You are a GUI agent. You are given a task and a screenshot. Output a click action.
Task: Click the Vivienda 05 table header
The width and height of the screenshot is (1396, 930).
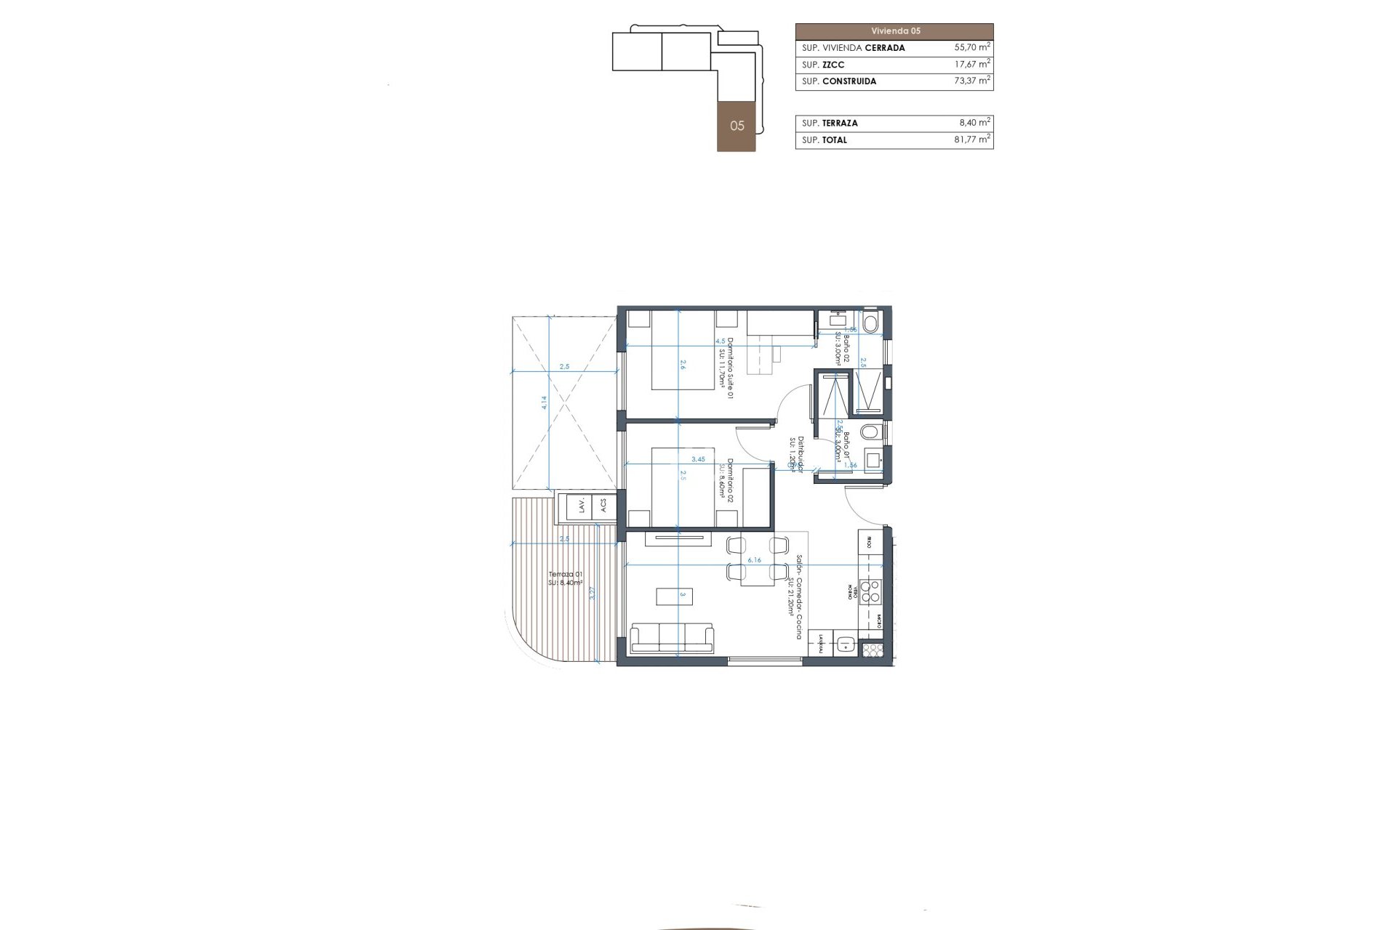(x=894, y=31)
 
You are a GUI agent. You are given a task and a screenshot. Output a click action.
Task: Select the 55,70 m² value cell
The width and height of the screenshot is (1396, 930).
(x=971, y=47)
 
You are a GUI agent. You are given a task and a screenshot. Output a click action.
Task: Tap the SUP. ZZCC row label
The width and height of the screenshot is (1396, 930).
(x=823, y=65)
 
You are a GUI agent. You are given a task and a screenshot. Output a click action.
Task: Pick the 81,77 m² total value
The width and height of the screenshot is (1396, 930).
(x=971, y=139)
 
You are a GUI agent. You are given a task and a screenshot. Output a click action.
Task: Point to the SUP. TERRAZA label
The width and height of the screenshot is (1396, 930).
(x=830, y=123)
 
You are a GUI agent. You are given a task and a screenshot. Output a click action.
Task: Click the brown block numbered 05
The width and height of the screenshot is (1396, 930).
(x=737, y=126)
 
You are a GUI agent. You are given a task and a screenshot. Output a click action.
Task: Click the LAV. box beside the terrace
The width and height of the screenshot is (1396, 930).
(x=582, y=506)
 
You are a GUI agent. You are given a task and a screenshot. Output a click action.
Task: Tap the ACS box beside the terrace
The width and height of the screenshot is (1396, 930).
(x=604, y=506)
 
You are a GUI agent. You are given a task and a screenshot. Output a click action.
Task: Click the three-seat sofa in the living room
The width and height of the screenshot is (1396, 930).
(x=672, y=638)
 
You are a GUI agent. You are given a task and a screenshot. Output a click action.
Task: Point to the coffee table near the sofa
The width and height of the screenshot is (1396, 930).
(x=674, y=597)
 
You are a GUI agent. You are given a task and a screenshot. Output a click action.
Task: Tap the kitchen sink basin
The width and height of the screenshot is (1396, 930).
(x=846, y=643)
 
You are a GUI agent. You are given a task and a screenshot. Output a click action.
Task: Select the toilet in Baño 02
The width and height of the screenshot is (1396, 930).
(x=870, y=321)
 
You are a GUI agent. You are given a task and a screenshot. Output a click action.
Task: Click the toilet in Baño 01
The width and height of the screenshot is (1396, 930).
(x=869, y=433)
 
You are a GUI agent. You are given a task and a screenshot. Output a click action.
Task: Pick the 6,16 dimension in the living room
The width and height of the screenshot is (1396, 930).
(x=754, y=560)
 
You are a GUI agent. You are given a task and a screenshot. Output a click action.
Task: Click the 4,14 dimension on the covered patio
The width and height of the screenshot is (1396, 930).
(x=544, y=403)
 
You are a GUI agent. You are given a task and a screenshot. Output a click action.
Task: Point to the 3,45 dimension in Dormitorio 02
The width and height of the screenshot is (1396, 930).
(x=698, y=459)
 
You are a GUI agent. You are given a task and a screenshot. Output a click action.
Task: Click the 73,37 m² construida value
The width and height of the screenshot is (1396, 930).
(x=971, y=81)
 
